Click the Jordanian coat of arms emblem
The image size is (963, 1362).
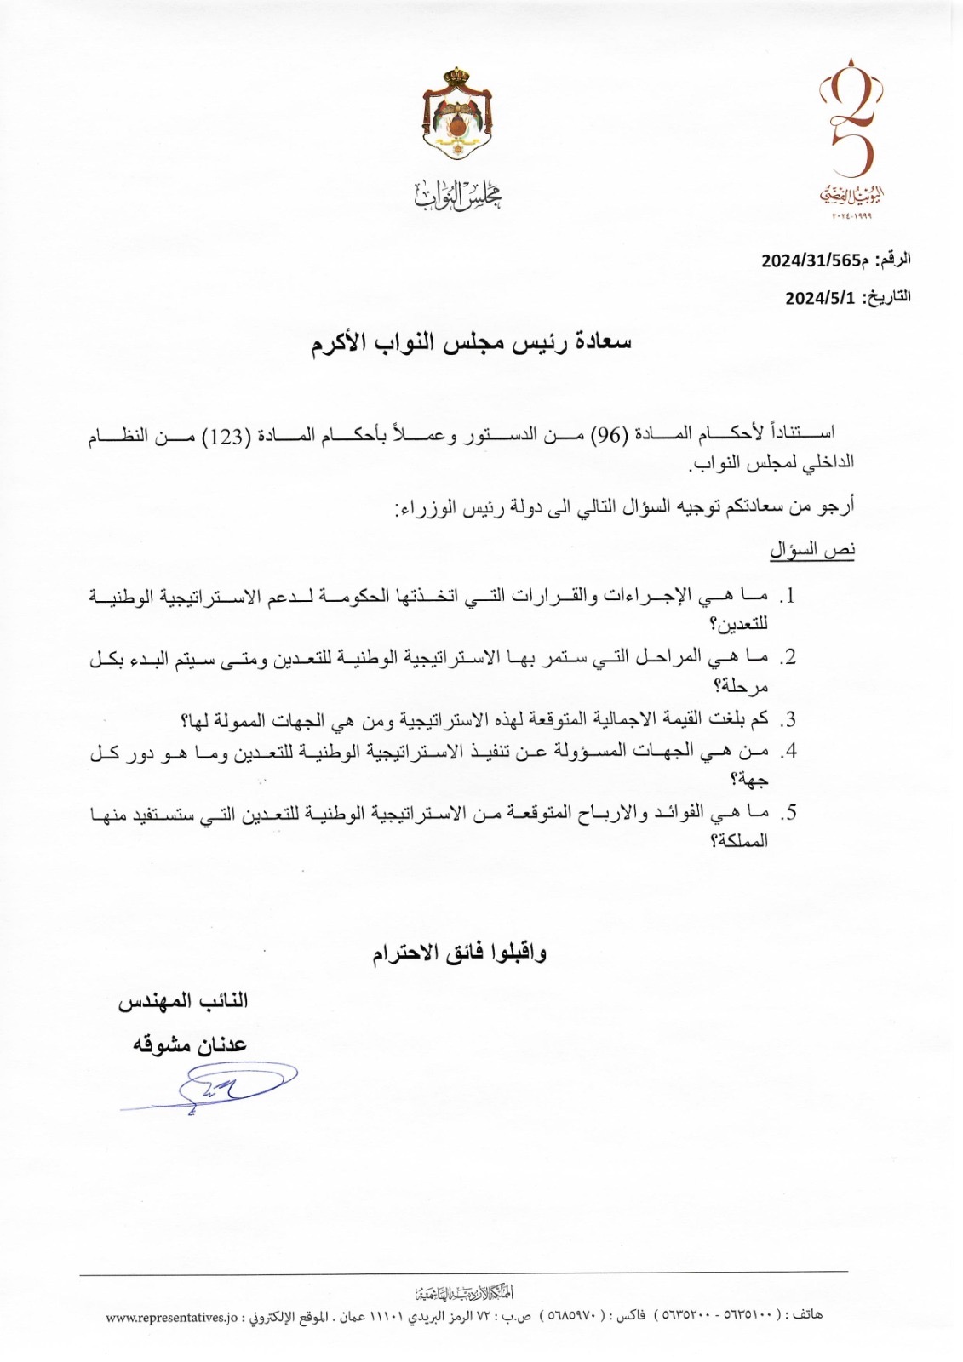pos(458,115)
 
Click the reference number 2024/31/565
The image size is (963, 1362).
pos(810,260)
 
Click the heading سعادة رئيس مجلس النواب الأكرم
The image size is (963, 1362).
pos(471,343)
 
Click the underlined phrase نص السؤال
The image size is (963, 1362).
pos(812,550)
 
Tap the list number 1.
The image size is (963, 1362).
pos(789,596)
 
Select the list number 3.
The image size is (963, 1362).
pos(789,720)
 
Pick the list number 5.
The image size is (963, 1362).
pos(790,813)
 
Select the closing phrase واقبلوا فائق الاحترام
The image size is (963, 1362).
pos(459,953)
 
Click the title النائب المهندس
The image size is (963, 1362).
pos(183,1001)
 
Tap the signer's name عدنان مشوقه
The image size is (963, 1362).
pos(189,1044)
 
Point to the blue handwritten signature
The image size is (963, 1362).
pos(210,1087)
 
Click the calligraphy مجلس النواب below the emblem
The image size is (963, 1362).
pos(458,195)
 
